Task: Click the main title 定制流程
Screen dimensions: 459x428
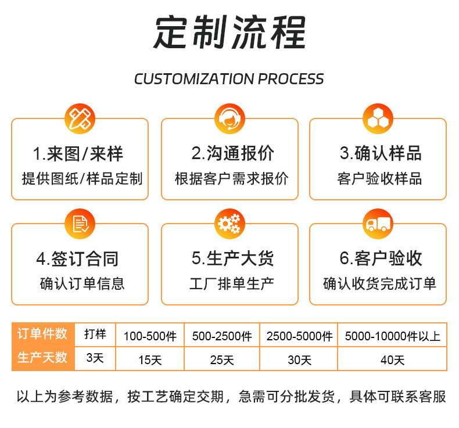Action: click(229, 34)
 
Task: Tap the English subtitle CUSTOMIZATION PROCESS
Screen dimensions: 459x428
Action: click(229, 79)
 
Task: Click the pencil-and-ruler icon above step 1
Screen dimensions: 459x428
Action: click(79, 118)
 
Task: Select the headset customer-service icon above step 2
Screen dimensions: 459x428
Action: click(229, 118)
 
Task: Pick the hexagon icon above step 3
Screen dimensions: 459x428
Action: click(378, 118)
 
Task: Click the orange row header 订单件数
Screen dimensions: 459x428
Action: click(42, 334)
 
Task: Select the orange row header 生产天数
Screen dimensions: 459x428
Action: click(42, 358)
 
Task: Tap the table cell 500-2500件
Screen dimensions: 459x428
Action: click(221, 336)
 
